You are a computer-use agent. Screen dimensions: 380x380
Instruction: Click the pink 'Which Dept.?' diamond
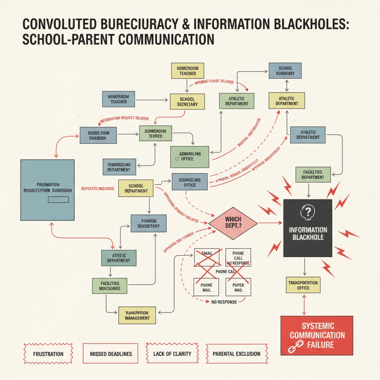click(233, 223)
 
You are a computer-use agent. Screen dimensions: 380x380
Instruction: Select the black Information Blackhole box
click(308, 228)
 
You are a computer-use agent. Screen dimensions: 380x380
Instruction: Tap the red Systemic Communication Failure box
click(317, 335)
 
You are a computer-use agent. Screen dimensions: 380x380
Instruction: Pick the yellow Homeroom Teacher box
click(188, 71)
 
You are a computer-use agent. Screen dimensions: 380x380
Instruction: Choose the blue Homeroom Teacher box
click(118, 99)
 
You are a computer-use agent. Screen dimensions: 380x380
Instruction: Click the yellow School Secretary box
click(187, 101)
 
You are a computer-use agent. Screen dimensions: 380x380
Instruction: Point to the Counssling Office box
click(190, 182)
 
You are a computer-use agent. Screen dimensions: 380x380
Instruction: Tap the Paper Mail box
click(238, 287)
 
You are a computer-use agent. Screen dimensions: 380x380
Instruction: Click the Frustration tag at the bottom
click(48, 354)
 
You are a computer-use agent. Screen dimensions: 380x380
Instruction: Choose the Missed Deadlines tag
click(111, 354)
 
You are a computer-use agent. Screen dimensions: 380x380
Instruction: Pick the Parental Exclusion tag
click(236, 354)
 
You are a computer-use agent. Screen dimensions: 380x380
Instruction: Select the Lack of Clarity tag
click(172, 354)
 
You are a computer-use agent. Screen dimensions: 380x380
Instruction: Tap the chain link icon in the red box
click(294, 348)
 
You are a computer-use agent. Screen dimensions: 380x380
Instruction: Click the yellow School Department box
click(136, 188)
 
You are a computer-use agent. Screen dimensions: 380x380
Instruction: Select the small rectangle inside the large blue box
click(58, 200)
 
